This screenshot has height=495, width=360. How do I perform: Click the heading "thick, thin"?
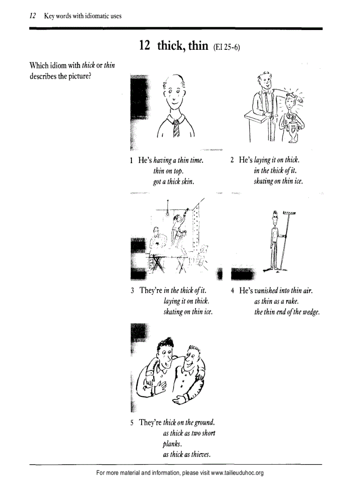pyautogui.click(x=182, y=45)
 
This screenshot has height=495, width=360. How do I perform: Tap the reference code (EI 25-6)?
pyautogui.click(x=226, y=47)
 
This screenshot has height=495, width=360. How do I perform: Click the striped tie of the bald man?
pyautogui.click(x=176, y=128)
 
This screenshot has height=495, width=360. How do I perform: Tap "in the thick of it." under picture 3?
pyautogui.click(x=185, y=290)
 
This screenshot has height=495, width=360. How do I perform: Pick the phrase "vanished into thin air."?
pyautogui.click(x=284, y=291)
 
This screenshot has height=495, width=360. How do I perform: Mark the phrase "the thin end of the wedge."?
pyautogui.click(x=287, y=312)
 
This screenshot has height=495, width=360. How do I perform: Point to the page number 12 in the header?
pyautogui.click(x=32, y=16)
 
